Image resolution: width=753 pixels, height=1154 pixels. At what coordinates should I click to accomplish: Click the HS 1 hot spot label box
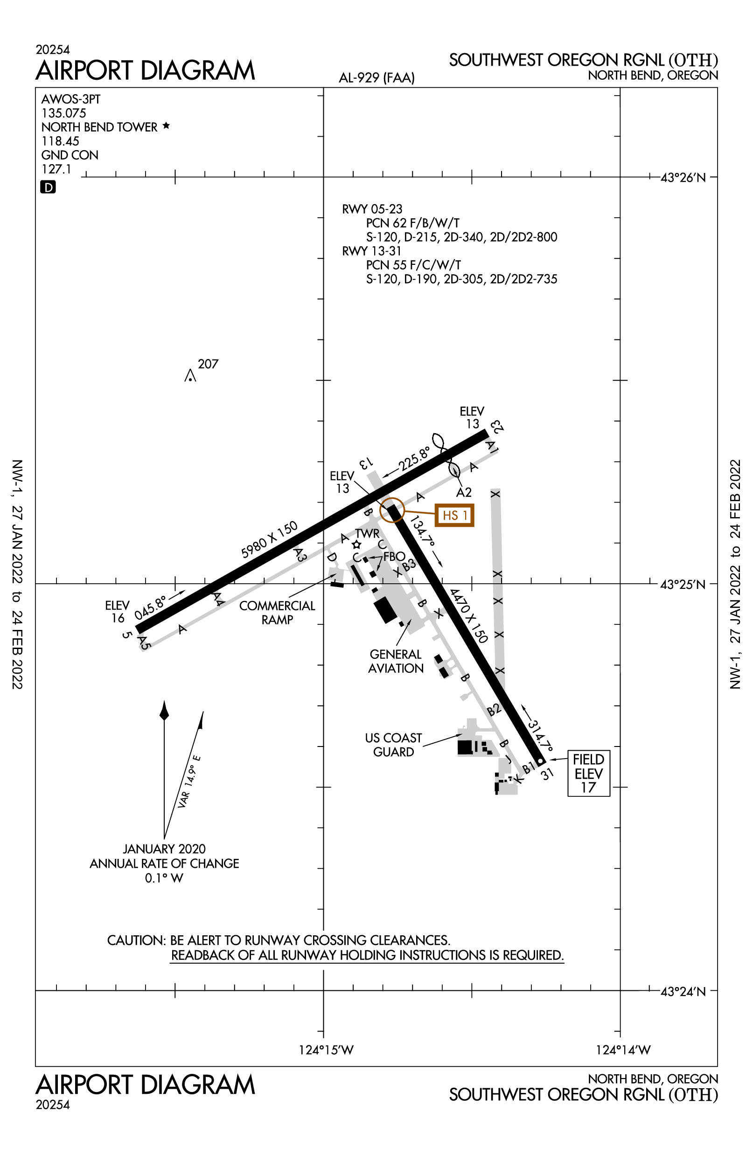pos(454,515)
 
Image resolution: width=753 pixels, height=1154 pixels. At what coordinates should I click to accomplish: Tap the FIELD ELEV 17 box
pos(588,774)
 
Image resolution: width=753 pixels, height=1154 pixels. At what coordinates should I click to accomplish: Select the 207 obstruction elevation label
pos(208,364)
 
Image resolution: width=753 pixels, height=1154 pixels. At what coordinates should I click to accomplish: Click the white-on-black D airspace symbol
pos(48,187)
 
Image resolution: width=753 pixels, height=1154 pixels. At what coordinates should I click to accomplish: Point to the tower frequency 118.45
pos(60,141)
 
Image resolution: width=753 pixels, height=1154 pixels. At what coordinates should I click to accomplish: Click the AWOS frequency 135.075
pos(63,113)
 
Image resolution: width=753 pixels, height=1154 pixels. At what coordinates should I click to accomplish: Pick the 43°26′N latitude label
pos(683,178)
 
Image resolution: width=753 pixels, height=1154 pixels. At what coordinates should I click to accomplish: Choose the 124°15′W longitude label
pos(326,1050)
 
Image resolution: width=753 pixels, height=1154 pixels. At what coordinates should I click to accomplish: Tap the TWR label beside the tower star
pos(367,533)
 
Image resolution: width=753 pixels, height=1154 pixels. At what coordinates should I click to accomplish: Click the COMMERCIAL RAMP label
pos(277,613)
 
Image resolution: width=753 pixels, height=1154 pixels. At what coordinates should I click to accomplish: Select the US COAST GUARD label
pos(393,745)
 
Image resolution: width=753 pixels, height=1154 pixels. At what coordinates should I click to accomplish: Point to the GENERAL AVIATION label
pos(396,661)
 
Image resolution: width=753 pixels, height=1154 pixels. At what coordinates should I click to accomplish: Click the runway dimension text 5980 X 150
pos(269,539)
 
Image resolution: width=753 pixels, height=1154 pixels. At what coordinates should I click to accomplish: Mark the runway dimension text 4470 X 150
pos(468,616)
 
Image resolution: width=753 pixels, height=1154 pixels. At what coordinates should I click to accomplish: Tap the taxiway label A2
pos(464,493)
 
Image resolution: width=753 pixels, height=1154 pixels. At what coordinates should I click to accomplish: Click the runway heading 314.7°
pos(540,736)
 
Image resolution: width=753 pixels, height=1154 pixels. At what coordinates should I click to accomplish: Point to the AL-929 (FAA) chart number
pos(376,78)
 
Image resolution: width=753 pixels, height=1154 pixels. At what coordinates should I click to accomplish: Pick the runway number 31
pos(547,774)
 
